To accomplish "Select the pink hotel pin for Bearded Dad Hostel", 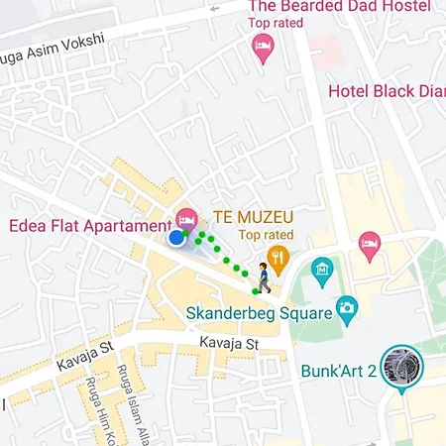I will tap(263, 47).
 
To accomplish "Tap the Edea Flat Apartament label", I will tap(89, 225).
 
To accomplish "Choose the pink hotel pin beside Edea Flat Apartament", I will tap(184, 218).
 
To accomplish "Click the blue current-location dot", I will tap(176, 238).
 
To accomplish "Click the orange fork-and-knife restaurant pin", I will tap(279, 261).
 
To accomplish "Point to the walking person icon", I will tap(264, 278).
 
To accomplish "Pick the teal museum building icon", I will tap(321, 269).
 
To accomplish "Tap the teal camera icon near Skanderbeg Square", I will tap(346, 309).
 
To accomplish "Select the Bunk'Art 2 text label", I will tap(343, 373).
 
